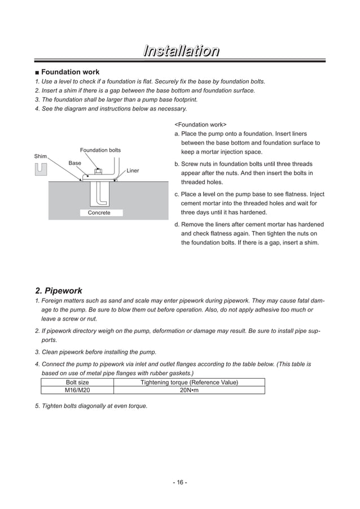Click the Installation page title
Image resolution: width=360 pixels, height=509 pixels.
click(180, 52)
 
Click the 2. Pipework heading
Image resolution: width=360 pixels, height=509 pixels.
click(58, 291)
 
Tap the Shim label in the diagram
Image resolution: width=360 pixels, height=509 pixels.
click(41, 156)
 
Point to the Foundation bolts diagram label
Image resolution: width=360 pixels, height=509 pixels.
click(100, 150)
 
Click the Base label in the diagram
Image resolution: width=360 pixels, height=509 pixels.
click(75, 163)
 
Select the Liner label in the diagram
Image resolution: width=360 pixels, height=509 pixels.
click(133, 170)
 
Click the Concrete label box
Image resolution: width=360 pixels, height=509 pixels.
click(99, 213)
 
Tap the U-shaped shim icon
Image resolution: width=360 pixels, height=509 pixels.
click(41, 169)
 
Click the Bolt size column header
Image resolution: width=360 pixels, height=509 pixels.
click(77, 383)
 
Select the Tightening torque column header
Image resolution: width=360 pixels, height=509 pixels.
click(188, 383)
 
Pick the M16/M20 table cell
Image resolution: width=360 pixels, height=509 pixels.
click(77, 390)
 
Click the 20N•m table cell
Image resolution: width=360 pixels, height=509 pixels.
click(188, 390)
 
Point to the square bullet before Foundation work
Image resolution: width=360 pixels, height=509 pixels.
click(37, 72)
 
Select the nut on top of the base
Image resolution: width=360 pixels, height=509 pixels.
click(98, 172)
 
